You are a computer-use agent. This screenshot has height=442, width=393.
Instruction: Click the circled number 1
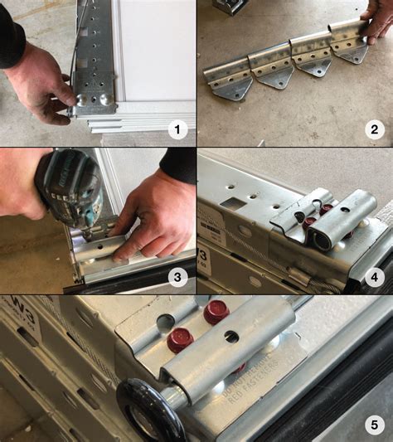[x=175, y=129]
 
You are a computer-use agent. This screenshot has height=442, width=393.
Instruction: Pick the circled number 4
[x=373, y=276]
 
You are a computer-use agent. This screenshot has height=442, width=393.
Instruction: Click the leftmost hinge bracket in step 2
[x=229, y=75]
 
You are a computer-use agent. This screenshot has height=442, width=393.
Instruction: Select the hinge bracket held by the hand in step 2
[x=349, y=41]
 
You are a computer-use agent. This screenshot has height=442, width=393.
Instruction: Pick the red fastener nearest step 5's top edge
[x=216, y=312]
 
